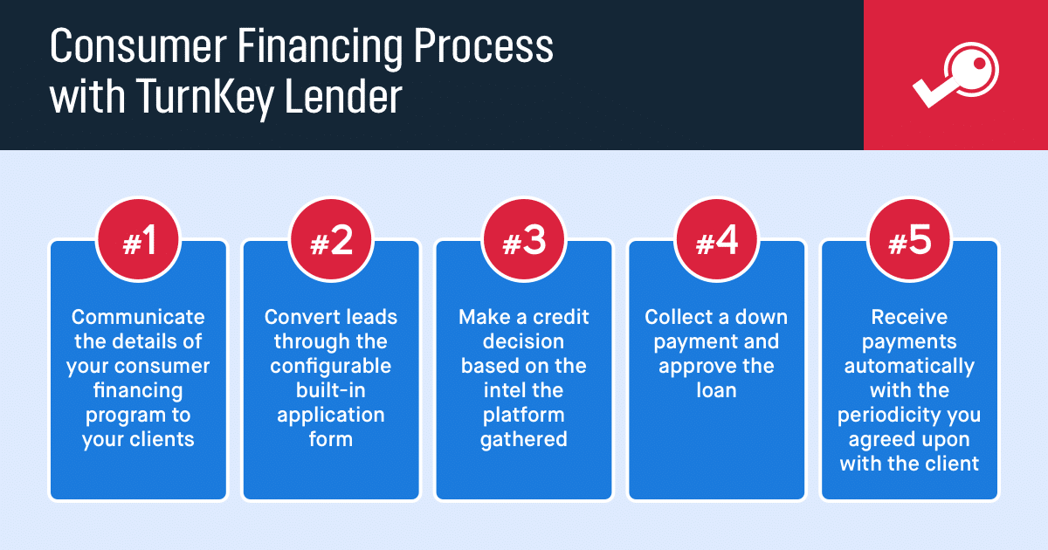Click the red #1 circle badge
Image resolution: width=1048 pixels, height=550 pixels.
(x=138, y=240)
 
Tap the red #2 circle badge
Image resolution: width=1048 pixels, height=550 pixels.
(x=331, y=240)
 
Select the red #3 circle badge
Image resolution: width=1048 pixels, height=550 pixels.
(x=523, y=240)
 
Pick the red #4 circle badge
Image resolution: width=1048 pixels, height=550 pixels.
(x=716, y=240)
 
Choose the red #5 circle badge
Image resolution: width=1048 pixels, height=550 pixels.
(x=909, y=240)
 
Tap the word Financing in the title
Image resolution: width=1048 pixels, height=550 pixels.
(x=320, y=48)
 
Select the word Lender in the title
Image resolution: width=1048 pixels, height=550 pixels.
(x=343, y=95)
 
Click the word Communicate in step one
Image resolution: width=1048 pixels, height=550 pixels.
(x=138, y=317)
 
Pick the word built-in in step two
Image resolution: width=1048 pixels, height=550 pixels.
(x=331, y=390)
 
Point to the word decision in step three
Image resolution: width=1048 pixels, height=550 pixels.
(x=523, y=341)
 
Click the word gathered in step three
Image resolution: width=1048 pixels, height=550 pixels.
(x=523, y=440)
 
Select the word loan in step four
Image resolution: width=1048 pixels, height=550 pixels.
(x=716, y=390)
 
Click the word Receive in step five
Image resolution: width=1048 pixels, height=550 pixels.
(x=909, y=317)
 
